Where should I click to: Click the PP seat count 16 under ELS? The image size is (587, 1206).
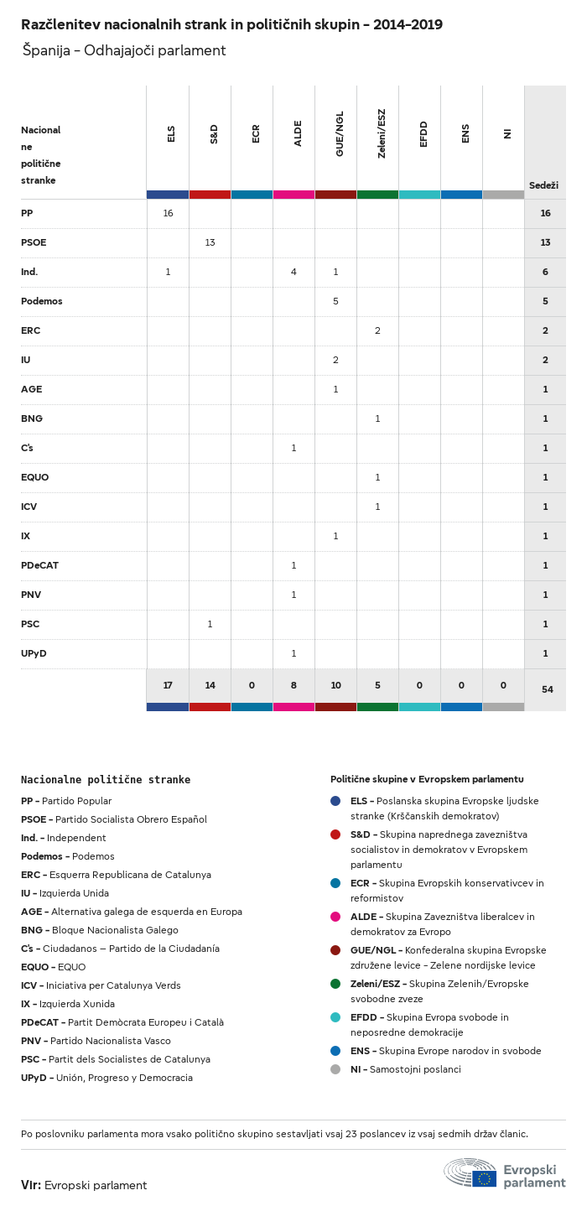pyautogui.click(x=168, y=214)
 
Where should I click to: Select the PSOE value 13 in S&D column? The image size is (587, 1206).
pyautogui.click(x=210, y=243)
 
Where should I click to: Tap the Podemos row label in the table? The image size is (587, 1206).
pyautogui.click(x=42, y=301)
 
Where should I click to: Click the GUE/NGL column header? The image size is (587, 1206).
pyautogui.click(x=340, y=140)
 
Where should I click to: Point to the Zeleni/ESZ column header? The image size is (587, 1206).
pyautogui.click(x=382, y=134)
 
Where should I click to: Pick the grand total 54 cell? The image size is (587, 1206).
pyautogui.click(x=547, y=689)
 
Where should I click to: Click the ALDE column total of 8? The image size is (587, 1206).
pyautogui.click(x=293, y=685)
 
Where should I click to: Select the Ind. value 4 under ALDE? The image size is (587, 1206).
pyautogui.click(x=293, y=273)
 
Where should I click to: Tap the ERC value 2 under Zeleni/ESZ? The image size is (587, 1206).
pyautogui.click(x=377, y=330)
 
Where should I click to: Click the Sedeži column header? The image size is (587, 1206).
pyautogui.click(x=543, y=185)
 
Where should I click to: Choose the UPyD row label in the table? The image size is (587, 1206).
pyautogui.click(x=34, y=653)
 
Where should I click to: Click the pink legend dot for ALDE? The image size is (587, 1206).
pyautogui.click(x=335, y=917)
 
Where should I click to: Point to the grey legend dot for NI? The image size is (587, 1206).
pyautogui.click(x=335, y=1069)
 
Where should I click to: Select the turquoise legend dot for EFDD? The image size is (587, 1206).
pyautogui.click(x=335, y=1017)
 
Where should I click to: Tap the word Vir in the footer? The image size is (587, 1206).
pyautogui.click(x=30, y=1185)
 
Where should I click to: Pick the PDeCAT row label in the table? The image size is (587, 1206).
pyautogui.click(x=39, y=565)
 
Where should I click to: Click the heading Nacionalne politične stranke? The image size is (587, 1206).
pyautogui.click(x=106, y=779)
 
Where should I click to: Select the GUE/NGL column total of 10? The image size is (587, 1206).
pyautogui.click(x=335, y=685)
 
